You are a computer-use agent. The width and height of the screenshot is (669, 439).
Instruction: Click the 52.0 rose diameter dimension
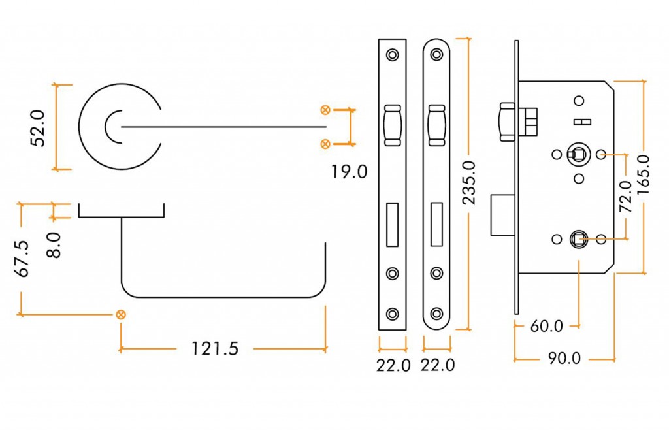click(38, 128)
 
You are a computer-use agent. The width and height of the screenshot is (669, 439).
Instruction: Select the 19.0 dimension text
click(349, 172)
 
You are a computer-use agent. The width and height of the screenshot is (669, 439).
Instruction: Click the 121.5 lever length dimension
click(214, 350)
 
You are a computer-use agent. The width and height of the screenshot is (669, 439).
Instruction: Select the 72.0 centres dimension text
click(625, 196)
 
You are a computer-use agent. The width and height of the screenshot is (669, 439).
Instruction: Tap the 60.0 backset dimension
click(546, 325)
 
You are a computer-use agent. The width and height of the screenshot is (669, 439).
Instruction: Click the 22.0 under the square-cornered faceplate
click(393, 365)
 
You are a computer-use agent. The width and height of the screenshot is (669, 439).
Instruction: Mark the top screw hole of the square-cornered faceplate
click(393, 56)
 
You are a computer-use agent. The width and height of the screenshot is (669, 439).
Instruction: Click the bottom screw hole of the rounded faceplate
click(436, 314)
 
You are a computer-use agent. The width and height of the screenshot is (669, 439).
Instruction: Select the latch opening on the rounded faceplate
click(436, 124)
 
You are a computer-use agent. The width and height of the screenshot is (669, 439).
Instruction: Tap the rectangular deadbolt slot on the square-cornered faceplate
click(393, 225)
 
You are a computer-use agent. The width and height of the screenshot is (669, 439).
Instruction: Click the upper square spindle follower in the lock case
click(578, 155)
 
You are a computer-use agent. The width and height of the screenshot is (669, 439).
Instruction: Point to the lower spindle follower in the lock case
click(578, 240)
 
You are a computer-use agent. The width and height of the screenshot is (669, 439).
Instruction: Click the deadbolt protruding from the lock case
click(504, 215)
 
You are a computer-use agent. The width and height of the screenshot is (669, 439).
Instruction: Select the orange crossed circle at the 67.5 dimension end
click(120, 315)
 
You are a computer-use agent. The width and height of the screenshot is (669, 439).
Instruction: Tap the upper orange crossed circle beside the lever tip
click(325, 109)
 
